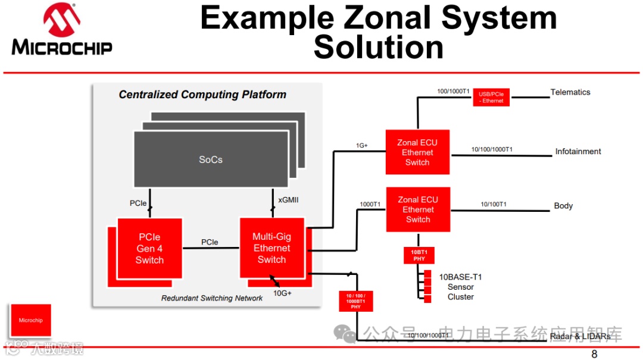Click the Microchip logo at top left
click(x=62, y=30)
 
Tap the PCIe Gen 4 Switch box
click(x=149, y=248)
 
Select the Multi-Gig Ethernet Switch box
click(x=271, y=248)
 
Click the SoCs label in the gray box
click(x=211, y=159)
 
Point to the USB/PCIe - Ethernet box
click(x=492, y=97)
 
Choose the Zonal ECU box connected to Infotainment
click(x=417, y=152)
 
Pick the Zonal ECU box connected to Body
click(x=417, y=209)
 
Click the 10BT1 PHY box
click(x=419, y=255)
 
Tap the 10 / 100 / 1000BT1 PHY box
click(x=356, y=301)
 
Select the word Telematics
click(x=570, y=92)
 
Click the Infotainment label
click(x=578, y=151)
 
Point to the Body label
click(x=563, y=206)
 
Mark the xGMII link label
click(x=288, y=200)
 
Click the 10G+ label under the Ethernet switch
click(x=282, y=293)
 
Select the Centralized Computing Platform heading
click(x=202, y=95)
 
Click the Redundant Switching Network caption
click(x=211, y=298)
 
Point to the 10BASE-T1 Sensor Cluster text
click(x=460, y=287)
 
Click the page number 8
click(x=594, y=354)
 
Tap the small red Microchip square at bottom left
click(x=30, y=321)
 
